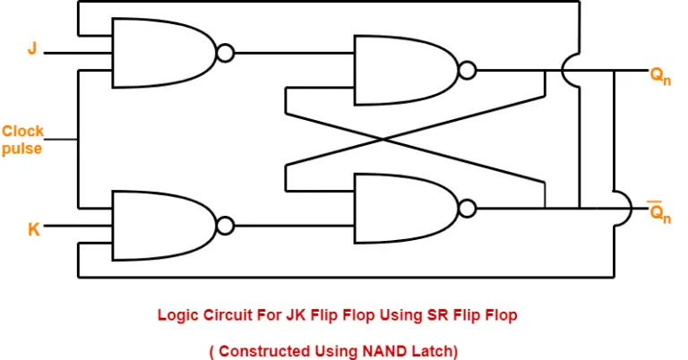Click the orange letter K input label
pyautogui.click(x=34, y=229)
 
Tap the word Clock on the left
pyautogui.click(x=22, y=132)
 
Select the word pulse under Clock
pyautogui.click(x=22, y=149)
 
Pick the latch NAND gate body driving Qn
pyautogui.click(x=403, y=70)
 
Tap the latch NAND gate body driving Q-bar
pyautogui.click(x=403, y=209)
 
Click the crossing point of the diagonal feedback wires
pyautogui.click(x=385, y=139)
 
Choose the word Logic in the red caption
pyautogui.click(x=176, y=315)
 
